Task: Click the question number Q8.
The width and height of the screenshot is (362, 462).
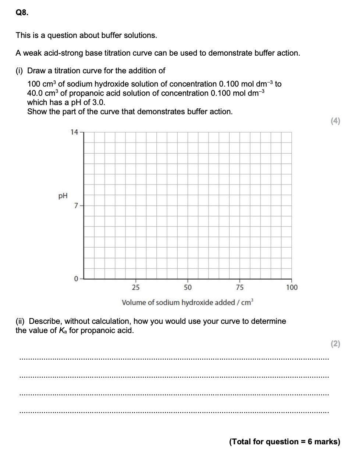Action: coord(21,13)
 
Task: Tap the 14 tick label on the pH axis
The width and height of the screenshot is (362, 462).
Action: coord(74,132)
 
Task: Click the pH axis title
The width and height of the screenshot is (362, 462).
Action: coord(63,196)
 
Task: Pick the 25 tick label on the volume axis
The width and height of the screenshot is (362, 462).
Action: coord(136,287)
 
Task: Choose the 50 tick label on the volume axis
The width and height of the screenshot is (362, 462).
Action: coord(188,287)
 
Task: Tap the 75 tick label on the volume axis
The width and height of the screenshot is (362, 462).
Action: coord(239,287)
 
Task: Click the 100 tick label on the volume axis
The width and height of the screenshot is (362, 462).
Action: coord(292,287)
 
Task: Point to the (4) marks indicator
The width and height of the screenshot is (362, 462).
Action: coord(335,121)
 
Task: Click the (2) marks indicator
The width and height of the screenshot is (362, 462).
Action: coord(335,344)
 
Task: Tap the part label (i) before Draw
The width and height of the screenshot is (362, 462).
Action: coord(20,70)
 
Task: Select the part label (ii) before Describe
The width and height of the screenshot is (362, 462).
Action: coord(21,321)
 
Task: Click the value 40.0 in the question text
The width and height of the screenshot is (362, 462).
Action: coord(35,93)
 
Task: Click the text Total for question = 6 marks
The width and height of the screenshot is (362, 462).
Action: coord(284,441)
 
